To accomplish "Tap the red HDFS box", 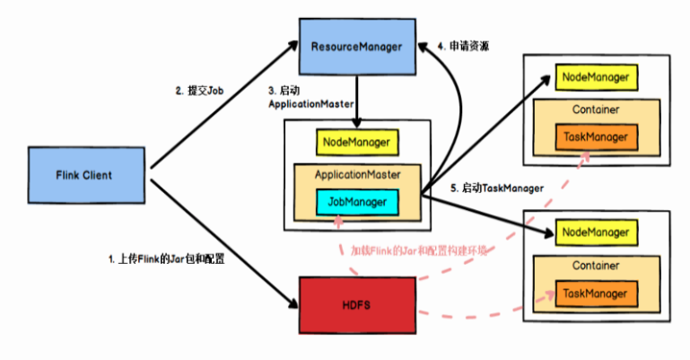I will [x=357, y=304].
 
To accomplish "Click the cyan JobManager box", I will [x=357, y=202].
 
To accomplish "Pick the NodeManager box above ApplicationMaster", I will [x=356, y=142].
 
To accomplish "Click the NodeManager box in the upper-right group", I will [x=595, y=77].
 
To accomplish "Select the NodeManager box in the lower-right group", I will [x=595, y=233].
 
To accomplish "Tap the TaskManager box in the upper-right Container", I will [x=595, y=137].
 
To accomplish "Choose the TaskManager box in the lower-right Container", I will [x=595, y=293].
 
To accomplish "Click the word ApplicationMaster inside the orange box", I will [x=358, y=174].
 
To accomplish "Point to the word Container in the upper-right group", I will [x=595, y=110].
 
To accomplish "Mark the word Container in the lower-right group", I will [x=595, y=265].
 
